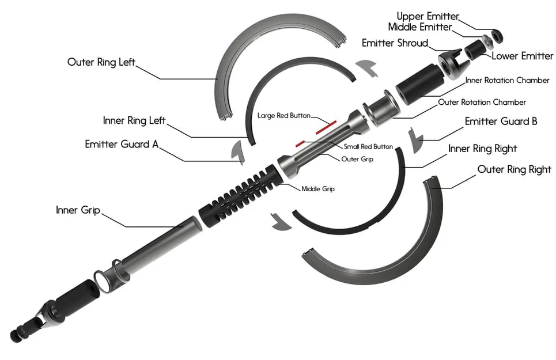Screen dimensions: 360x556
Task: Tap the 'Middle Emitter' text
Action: point(420,27)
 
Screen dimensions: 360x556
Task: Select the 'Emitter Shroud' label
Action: point(395,43)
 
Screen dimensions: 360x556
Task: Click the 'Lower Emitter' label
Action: point(522,56)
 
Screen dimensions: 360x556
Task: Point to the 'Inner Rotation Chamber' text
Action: point(507,80)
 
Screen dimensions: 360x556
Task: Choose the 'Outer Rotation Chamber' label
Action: point(482,102)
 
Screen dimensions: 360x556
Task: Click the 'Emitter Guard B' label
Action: point(501,122)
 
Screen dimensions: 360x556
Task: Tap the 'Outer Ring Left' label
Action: point(101,62)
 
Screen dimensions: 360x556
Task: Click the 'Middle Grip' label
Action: point(318,188)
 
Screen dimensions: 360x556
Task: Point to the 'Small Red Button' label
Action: point(368,147)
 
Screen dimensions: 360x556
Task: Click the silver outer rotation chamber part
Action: point(380,109)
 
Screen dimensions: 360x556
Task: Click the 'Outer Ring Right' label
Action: point(514,169)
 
